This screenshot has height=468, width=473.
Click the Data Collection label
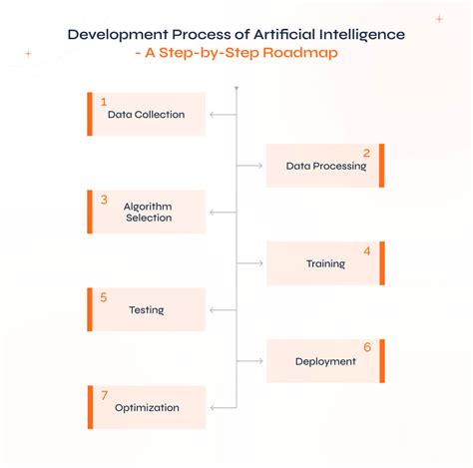[x=147, y=115]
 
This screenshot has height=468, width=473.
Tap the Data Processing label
[x=326, y=167]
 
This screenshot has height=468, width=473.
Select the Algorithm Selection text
[x=148, y=212]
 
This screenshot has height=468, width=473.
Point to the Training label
[x=325, y=264]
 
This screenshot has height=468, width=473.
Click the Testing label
[x=146, y=310]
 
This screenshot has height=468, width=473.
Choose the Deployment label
[x=325, y=361]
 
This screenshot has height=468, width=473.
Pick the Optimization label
[x=147, y=407]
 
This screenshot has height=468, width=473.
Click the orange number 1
[x=103, y=102]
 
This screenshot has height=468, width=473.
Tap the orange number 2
[x=367, y=153]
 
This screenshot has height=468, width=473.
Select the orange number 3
[x=104, y=199]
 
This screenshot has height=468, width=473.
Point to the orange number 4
[x=367, y=250]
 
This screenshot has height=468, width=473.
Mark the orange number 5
[x=104, y=296]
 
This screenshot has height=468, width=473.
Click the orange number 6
[x=367, y=347]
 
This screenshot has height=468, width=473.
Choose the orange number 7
[x=104, y=394]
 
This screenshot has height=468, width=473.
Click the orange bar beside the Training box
[x=381, y=263]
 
